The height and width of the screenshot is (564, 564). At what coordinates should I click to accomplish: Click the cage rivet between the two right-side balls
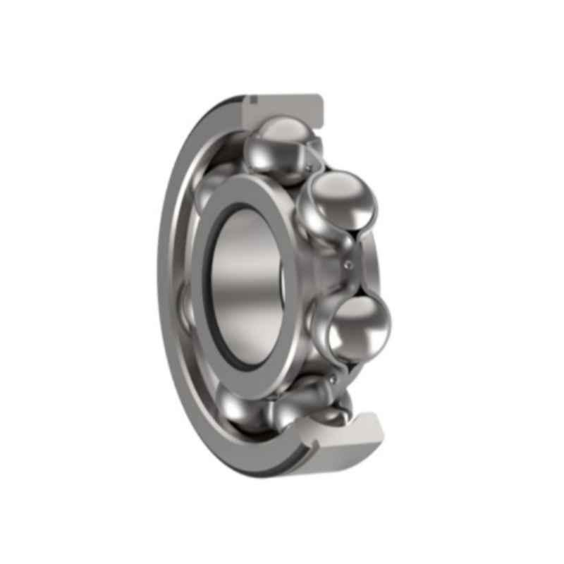pos(347,265)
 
